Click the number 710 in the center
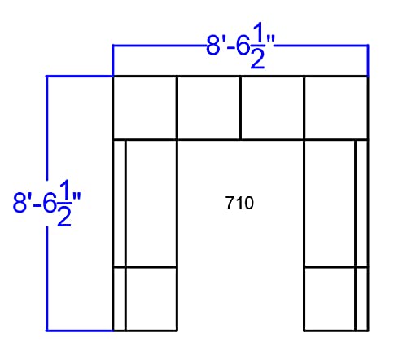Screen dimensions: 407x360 (239, 203)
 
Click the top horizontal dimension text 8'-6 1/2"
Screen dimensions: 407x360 (241, 46)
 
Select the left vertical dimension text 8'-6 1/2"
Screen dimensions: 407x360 (47, 203)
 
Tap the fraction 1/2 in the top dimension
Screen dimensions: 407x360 (257, 46)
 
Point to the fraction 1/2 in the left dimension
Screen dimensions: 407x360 (64, 203)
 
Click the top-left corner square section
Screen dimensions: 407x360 (145, 108)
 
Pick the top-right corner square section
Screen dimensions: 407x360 (336, 108)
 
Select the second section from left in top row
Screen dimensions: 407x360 (208, 108)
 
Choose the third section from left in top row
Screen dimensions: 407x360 (272, 108)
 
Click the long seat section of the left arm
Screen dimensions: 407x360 (151, 204)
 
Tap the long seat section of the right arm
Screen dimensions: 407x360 (330, 204)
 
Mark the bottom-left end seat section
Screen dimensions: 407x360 (151, 299)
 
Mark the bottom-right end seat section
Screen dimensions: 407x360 (330, 299)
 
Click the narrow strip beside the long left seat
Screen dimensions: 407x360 (120, 204)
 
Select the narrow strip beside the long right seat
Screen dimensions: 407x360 (361, 204)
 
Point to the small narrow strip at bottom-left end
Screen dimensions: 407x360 (120, 299)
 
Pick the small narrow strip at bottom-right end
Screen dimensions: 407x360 (361, 299)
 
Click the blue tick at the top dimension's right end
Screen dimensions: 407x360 (368, 60)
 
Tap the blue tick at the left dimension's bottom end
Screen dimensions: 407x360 (79, 331)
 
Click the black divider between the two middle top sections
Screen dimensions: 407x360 (240, 108)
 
